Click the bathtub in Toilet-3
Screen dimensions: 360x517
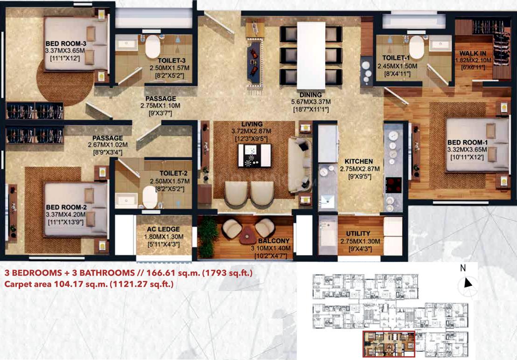[x=152, y=47]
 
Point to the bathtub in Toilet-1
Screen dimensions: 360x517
[x=416, y=47]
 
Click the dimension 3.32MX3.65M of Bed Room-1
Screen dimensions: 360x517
[x=467, y=150]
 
